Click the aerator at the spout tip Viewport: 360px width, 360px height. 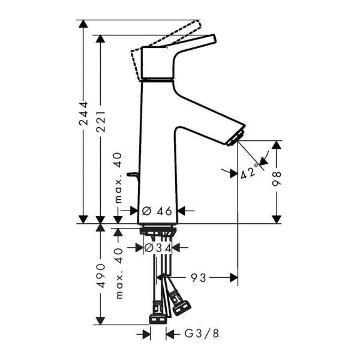[x=236, y=136]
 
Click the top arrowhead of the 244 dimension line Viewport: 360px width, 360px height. [x=84, y=24]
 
